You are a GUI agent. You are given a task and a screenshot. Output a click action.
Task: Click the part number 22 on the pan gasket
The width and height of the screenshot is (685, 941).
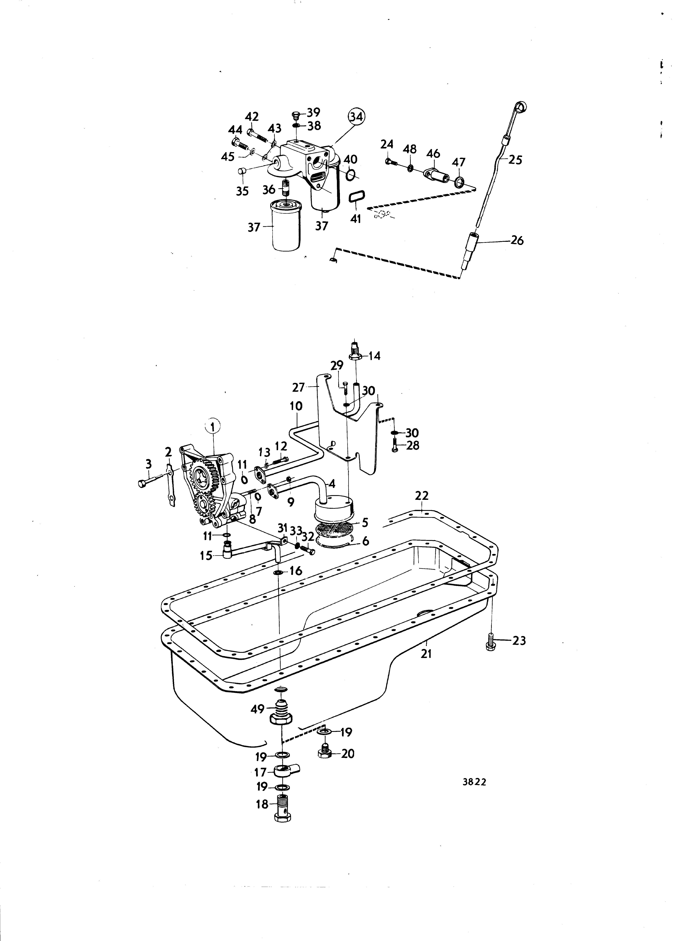(x=422, y=495)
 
